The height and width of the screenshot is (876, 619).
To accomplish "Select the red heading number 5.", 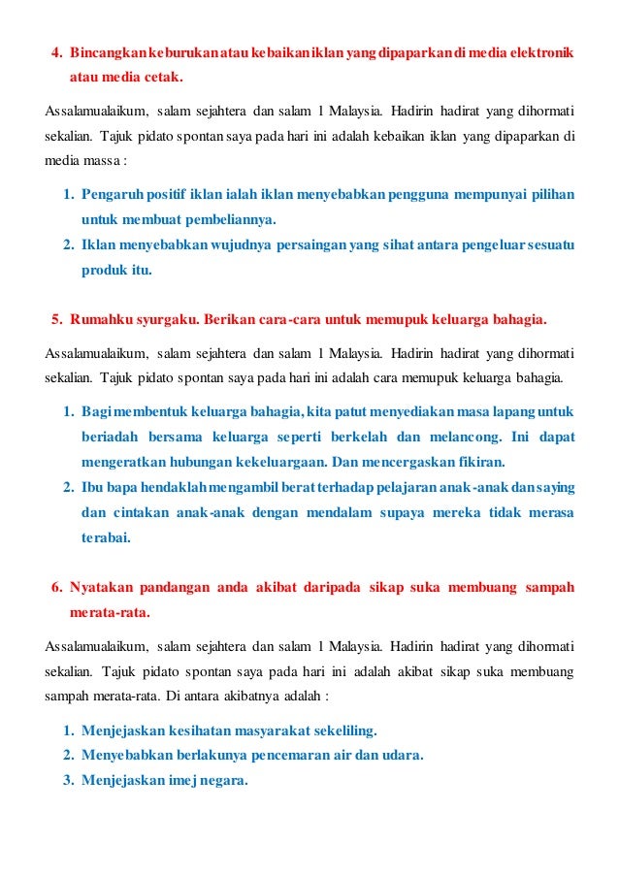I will tap(55, 318).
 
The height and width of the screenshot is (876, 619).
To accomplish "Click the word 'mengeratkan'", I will tap(124, 461).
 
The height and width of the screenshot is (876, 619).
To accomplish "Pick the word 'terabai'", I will tap(106, 536).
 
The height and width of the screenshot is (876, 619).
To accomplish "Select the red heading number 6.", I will tap(55, 587).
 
